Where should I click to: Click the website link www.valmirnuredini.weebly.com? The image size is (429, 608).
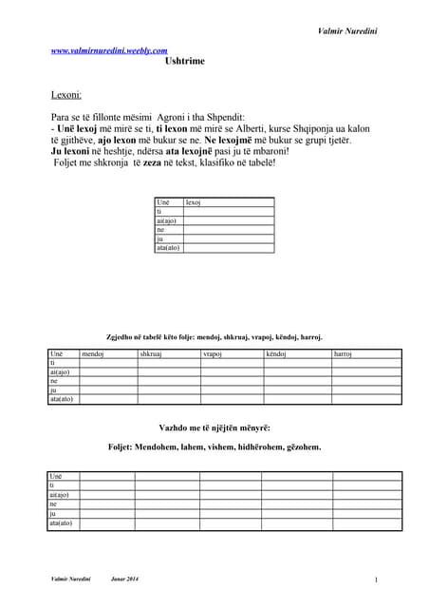coord(109,50)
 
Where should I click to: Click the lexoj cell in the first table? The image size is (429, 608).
coord(194,202)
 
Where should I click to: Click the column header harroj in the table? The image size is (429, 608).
coord(343,353)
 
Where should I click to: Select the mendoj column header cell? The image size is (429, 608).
coord(93,353)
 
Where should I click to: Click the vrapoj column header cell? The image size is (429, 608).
coord(213,353)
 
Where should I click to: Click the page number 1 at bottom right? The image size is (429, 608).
coord(376,579)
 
